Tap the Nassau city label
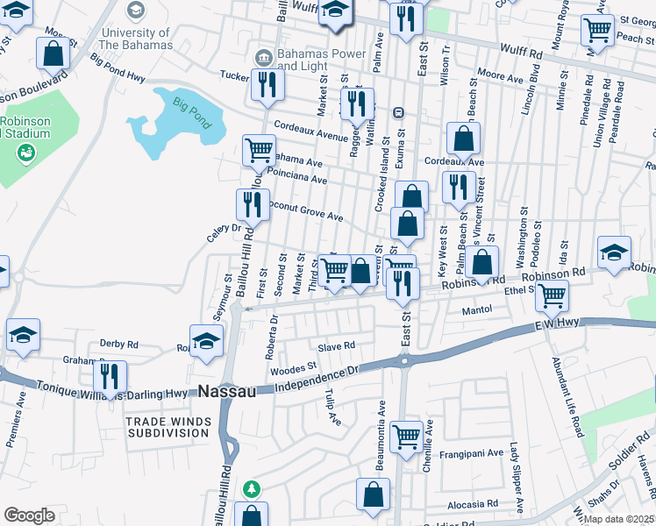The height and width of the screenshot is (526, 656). point(227,391)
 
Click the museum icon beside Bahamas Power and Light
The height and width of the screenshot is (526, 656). point(262,58)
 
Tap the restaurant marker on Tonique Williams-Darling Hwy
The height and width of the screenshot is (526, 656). point(109,376)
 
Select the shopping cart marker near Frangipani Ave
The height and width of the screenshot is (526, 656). point(406,436)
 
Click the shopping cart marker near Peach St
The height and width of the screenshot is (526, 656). point(597,30)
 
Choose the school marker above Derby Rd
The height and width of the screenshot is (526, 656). point(24,334)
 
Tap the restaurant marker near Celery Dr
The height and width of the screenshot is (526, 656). point(253,205)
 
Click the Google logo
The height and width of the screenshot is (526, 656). point(29,515)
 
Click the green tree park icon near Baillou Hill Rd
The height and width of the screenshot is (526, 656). point(252,487)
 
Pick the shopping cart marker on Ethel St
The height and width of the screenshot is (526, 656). point(552,295)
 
